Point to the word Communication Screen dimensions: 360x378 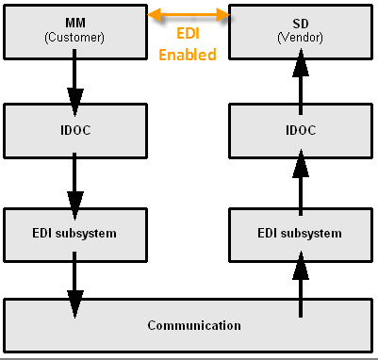click(x=193, y=326)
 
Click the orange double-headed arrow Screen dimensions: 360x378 click(x=189, y=14)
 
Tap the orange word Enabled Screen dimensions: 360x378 click(x=188, y=56)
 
